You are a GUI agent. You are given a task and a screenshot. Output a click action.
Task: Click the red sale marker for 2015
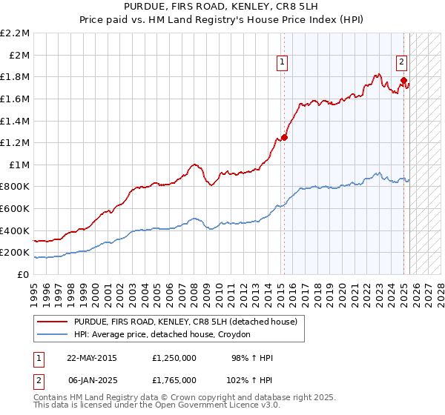284,136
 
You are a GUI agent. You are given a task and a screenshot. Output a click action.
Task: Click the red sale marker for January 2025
403,80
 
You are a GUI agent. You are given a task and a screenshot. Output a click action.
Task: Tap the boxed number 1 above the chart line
283,63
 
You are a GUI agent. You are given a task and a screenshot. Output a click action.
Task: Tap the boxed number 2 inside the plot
400,63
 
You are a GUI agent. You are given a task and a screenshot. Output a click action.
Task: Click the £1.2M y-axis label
16,142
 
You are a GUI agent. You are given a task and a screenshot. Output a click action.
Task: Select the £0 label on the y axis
22,274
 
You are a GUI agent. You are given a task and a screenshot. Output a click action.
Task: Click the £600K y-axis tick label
15,208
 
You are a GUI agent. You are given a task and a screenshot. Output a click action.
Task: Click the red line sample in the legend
53,322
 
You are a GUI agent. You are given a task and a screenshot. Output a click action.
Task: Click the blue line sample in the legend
53,335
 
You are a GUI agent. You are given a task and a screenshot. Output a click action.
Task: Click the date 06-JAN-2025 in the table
91,379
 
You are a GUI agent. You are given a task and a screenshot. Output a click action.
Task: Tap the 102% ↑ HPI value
253,379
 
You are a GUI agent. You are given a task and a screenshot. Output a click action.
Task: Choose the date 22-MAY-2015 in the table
91,358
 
